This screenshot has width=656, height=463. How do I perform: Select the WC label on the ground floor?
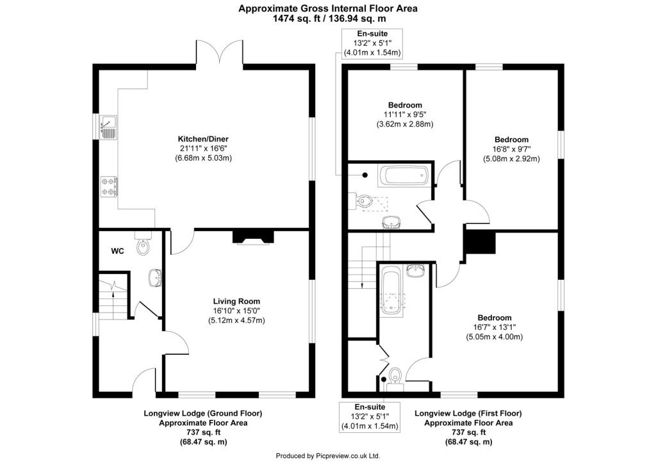[x=117, y=251]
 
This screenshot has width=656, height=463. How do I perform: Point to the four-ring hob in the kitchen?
[x=109, y=185]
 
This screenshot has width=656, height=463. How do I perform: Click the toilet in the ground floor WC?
[x=143, y=245]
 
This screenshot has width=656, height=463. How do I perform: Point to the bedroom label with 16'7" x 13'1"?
[x=494, y=327]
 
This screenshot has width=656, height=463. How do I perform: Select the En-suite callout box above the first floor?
[x=372, y=43]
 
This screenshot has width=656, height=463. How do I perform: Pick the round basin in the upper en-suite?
[x=391, y=222]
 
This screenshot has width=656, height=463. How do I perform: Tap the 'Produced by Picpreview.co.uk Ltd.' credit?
[x=327, y=456]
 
